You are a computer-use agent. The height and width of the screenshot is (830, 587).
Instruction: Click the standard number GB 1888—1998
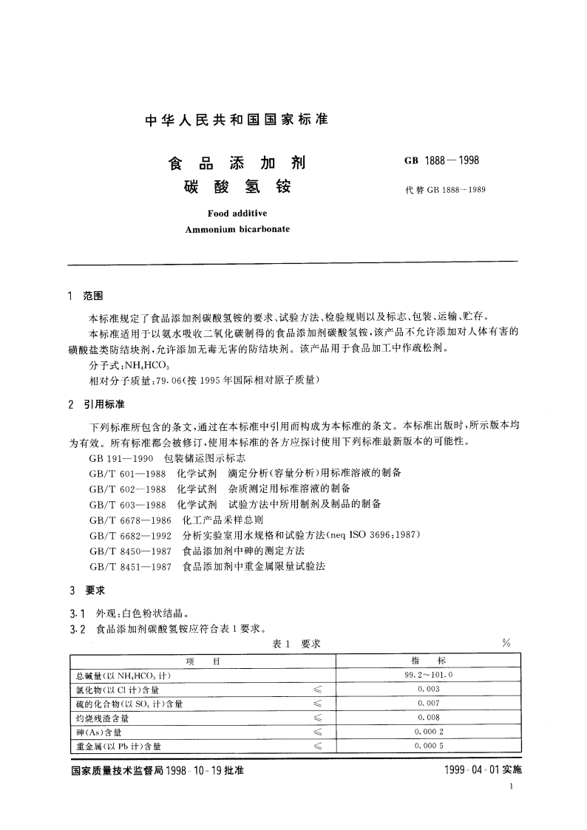coord(441,160)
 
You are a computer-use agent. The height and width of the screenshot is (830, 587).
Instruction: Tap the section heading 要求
coord(94,591)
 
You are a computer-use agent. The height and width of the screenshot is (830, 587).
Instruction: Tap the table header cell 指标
coord(428,661)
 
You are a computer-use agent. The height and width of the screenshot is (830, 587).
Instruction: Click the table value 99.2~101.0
coord(428,675)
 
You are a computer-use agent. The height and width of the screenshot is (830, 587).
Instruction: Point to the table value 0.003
coord(428,689)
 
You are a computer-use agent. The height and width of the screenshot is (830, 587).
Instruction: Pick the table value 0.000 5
coord(428,745)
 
